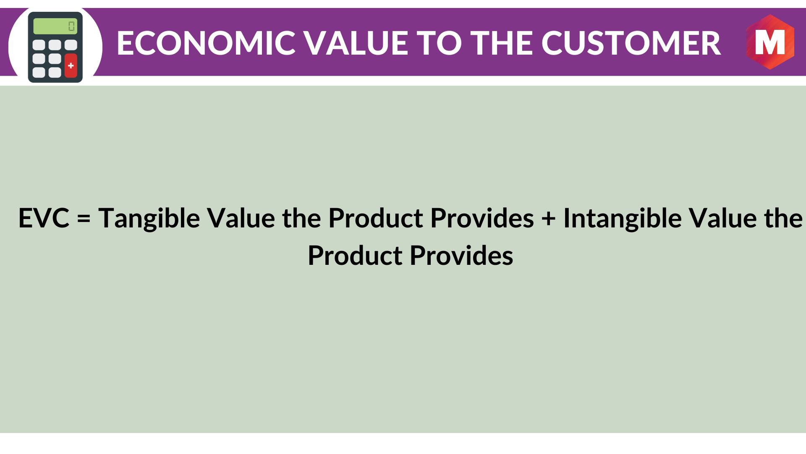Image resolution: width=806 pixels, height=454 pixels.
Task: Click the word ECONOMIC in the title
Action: (207, 43)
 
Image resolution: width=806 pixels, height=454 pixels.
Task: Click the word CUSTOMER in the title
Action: (631, 43)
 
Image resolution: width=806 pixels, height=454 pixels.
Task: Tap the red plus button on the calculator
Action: (71, 66)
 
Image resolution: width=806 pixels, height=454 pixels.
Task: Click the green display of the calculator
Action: (55, 26)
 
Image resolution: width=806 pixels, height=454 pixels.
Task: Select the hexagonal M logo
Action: (770, 42)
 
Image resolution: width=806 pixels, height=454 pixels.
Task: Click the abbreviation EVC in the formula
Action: (44, 218)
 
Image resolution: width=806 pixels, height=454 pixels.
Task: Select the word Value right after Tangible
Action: (241, 218)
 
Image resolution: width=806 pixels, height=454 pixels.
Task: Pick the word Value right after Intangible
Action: (723, 218)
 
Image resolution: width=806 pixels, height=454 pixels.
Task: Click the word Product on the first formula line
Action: (376, 218)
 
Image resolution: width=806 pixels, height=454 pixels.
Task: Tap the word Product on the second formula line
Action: (355, 255)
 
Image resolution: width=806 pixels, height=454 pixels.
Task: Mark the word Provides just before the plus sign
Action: (482, 218)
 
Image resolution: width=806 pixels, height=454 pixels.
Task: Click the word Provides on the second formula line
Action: (461, 255)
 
